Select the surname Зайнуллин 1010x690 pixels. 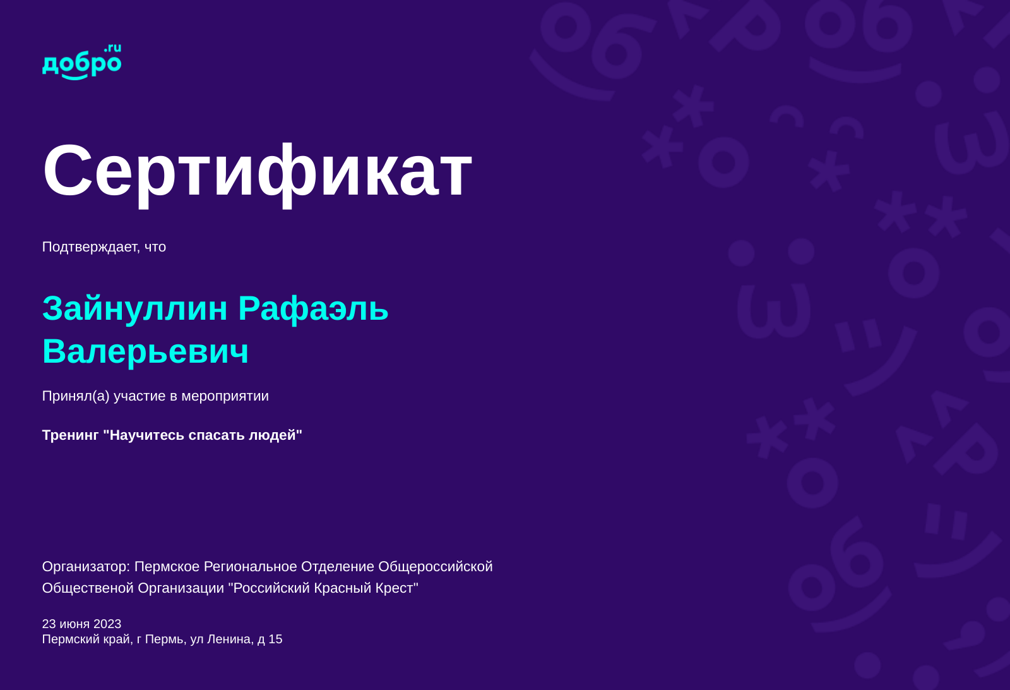pos(134,308)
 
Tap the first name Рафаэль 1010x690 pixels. pos(313,308)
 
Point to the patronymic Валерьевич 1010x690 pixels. pos(145,351)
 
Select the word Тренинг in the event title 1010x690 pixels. pos(70,435)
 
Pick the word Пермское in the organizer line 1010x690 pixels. pos(167,567)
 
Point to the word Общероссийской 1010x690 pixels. pos(435,567)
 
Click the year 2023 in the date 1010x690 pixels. pos(107,624)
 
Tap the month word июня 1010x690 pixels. pos(74,624)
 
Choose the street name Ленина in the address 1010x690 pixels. pos(230,639)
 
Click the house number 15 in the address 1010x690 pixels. pos(275,639)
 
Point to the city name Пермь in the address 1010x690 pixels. pos(165,639)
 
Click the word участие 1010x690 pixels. pos(140,396)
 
